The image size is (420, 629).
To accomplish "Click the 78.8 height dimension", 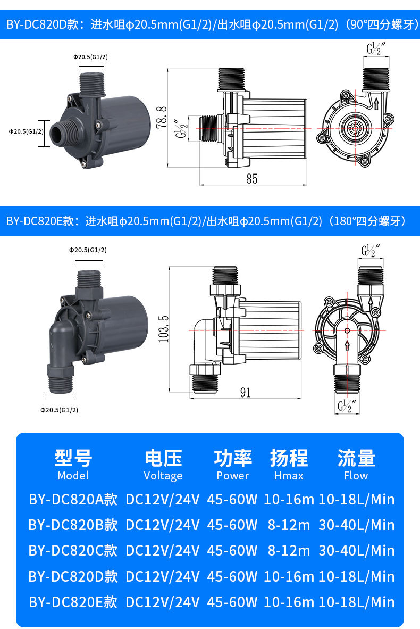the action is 161,117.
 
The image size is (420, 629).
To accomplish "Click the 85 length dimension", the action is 251,178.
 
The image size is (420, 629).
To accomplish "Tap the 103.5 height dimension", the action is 164,328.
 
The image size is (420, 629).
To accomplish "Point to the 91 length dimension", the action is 245,392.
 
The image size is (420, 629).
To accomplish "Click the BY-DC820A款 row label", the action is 73,500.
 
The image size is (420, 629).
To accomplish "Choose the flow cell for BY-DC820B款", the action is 356,525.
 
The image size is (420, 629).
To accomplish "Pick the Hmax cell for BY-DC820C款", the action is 289,551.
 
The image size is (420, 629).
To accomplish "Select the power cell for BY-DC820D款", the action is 232,576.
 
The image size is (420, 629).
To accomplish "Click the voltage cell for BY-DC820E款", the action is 162,602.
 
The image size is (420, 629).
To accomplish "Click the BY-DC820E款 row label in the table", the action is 73,602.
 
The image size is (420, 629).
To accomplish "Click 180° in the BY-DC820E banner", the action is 344,221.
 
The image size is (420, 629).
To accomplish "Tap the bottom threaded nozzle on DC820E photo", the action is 60,379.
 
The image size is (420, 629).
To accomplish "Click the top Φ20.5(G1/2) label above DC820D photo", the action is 90,57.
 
